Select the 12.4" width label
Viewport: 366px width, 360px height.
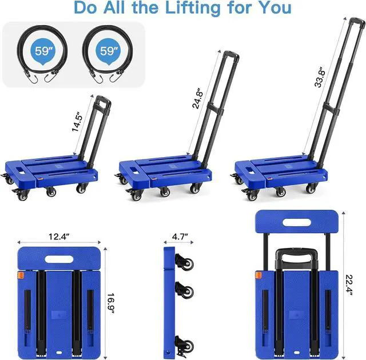pyautogui.click(x=59, y=235)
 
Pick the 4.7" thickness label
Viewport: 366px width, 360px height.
pyautogui.click(x=176, y=235)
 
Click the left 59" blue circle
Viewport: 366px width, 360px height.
pyautogui.click(x=42, y=50)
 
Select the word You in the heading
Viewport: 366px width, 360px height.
pyautogui.click(x=273, y=8)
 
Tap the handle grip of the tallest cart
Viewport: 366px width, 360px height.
pyautogui.click(x=353, y=23)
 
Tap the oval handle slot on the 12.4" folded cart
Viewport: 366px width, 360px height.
pyautogui.click(x=59, y=259)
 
